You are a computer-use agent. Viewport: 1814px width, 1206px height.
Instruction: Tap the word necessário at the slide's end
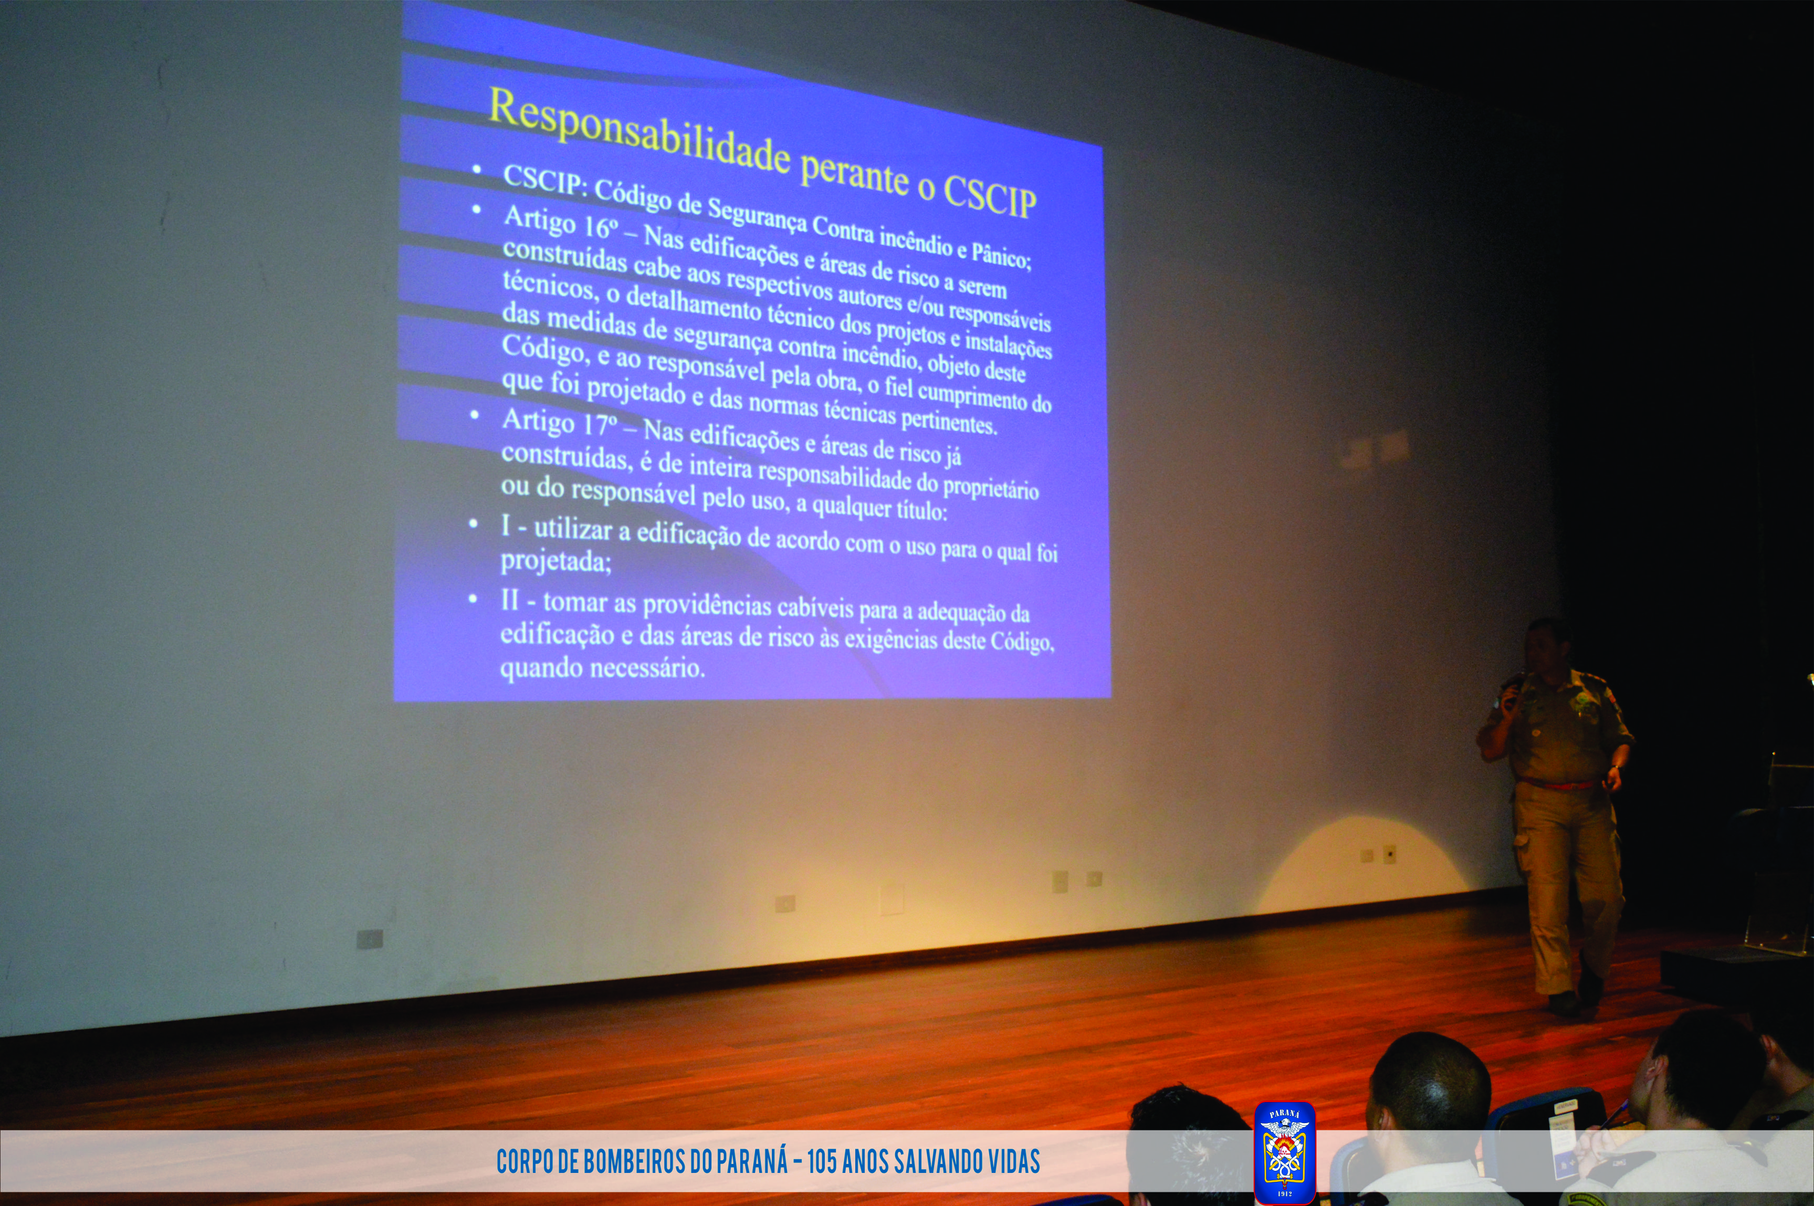click(647, 668)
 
